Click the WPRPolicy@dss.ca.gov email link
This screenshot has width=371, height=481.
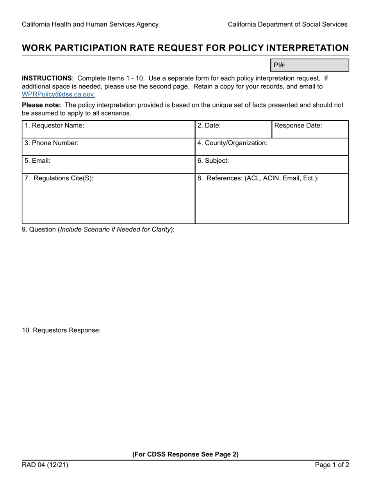58,94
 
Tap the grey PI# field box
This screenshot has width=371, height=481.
309,65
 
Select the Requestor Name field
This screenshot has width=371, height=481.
108,129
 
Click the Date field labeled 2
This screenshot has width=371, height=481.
233,129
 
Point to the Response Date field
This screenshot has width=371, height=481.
310,129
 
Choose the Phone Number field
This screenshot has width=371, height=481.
108,147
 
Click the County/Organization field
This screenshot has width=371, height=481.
271,147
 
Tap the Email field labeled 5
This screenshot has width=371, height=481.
108,164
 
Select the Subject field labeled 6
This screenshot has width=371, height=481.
271,164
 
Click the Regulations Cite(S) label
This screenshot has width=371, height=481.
59,178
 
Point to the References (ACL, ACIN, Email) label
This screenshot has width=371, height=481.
258,178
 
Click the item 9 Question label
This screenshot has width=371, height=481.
98,230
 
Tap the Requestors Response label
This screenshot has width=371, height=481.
61,330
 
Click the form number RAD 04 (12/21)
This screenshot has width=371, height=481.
45,465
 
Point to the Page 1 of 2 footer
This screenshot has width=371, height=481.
332,465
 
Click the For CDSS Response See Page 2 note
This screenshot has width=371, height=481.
185,454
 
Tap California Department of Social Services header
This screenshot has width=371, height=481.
287,24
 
